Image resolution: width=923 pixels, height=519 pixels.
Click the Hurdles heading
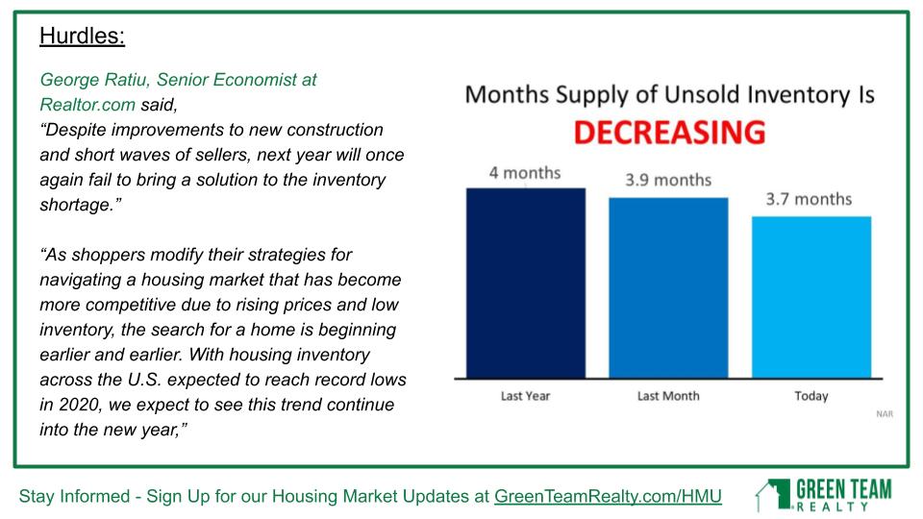[x=82, y=36]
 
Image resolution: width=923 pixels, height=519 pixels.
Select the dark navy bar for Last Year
[x=526, y=283]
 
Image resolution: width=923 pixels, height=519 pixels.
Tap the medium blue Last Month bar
[x=668, y=287]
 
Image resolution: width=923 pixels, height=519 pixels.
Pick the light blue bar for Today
[x=811, y=297]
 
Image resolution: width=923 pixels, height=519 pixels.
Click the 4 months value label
[x=525, y=173]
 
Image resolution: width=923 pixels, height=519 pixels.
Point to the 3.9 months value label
[x=668, y=180]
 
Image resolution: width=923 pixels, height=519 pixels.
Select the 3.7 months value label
[x=809, y=200]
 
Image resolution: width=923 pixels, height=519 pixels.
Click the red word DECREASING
[x=669, y=132]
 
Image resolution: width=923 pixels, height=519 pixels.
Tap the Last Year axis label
[x=525, y=396]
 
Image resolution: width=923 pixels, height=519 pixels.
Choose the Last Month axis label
[x=668, y=396]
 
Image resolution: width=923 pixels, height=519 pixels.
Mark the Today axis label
[x=811, y=396]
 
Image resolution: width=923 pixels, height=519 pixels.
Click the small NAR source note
[x=885, y=414]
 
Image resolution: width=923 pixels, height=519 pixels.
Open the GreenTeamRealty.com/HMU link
[x=608, y=496]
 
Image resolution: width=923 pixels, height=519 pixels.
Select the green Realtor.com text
[x=87, y=105]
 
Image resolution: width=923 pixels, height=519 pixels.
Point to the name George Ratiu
[x=93, y=80]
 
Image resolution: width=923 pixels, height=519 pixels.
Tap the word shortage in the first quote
[x=75, y=205]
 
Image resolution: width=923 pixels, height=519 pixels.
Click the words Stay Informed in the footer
[x=74, y=496]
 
